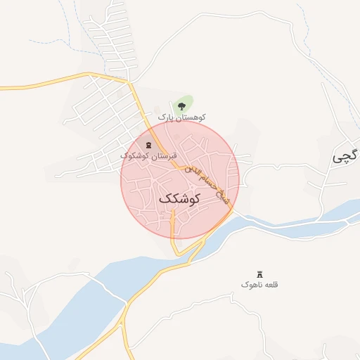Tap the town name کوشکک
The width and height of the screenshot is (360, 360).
(x=180, y=199)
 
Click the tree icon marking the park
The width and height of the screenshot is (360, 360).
(x=182, y=105)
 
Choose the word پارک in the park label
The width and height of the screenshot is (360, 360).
(x=165, y=117)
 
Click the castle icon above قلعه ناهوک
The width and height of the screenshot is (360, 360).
(x=259, y=274)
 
